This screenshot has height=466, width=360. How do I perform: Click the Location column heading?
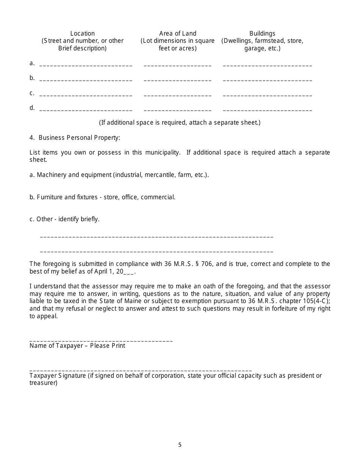point(83,33)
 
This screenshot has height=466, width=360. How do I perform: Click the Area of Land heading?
point(178,33)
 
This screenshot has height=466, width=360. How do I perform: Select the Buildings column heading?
point(262,33)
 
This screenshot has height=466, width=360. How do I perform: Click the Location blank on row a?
point(86,65)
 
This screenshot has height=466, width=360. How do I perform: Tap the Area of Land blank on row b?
point(178,80)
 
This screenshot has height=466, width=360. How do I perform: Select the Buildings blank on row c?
point(268,95)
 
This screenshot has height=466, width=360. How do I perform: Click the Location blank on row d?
point(86,110)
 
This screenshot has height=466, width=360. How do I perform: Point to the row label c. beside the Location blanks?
point(32,93)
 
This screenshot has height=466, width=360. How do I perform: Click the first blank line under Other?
point(157,237)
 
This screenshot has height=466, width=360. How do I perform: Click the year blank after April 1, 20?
point(129,272)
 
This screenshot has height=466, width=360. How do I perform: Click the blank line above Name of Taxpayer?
point(101,341)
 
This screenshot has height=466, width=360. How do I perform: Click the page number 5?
point(180,445)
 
